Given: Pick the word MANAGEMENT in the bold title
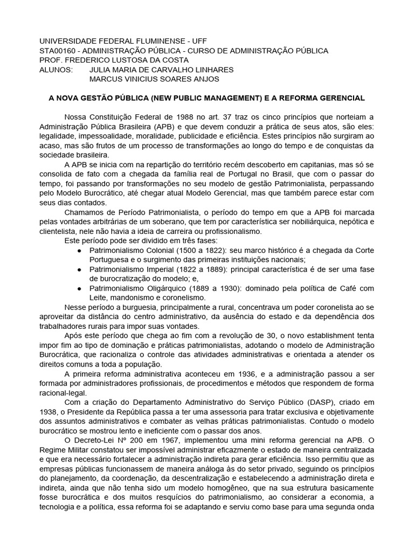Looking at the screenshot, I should [238, 98].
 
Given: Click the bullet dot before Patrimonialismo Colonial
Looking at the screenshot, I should [79, 251].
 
